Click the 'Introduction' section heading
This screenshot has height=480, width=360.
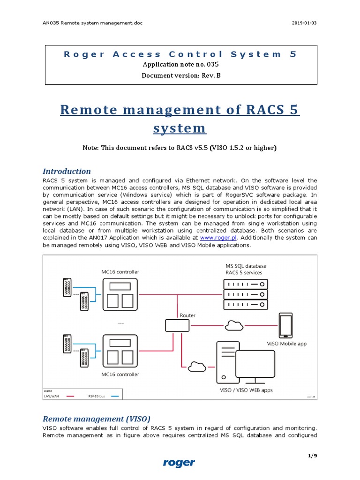(x=67, y=171)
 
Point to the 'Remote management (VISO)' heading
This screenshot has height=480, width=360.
(x=97, y=419)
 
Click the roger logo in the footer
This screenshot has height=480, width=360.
(x=179, y=463)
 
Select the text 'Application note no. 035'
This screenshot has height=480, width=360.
(x=180, y=65)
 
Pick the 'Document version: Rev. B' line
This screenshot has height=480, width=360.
(x=180, y=75)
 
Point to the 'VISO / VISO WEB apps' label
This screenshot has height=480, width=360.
(x=246, y=390)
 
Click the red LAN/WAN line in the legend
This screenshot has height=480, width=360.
(x=70, y=396)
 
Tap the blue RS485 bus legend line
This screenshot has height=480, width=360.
(x=115, y=396)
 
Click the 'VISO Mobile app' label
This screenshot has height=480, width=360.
(x=287, y=344)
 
